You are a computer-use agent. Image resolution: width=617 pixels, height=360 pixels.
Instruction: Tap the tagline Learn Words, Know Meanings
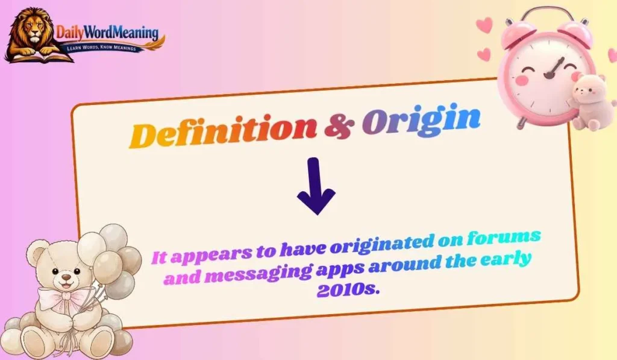[107, 46]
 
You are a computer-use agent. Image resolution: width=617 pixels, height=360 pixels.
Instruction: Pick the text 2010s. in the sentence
[348, 290]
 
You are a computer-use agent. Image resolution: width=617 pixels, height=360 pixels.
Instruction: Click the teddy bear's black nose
[64, 280]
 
